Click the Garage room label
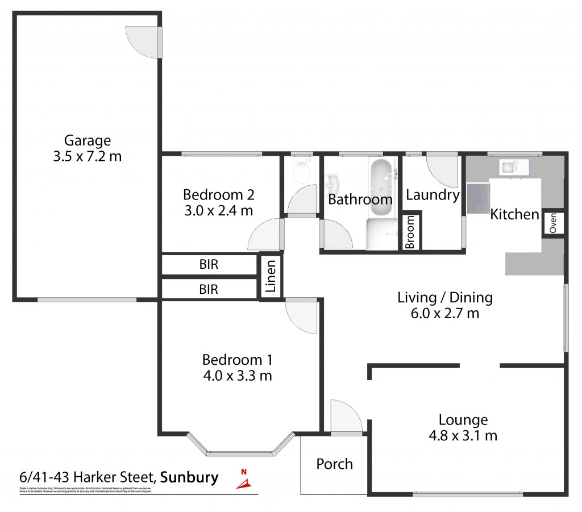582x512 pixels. point(87,140)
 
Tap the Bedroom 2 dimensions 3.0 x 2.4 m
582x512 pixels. point(218,211)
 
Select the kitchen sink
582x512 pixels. point(514,166)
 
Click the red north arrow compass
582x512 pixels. point(244,480)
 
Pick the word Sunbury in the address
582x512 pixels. point(190,477)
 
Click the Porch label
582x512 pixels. point(334,464)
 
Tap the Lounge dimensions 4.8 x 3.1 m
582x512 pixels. point(463,436)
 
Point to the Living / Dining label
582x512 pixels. point(444,297)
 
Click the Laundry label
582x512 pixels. point(433,195)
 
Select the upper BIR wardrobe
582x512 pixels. point(209,264)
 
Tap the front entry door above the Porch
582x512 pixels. point(346,418)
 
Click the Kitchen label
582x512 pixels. point(514,214)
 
